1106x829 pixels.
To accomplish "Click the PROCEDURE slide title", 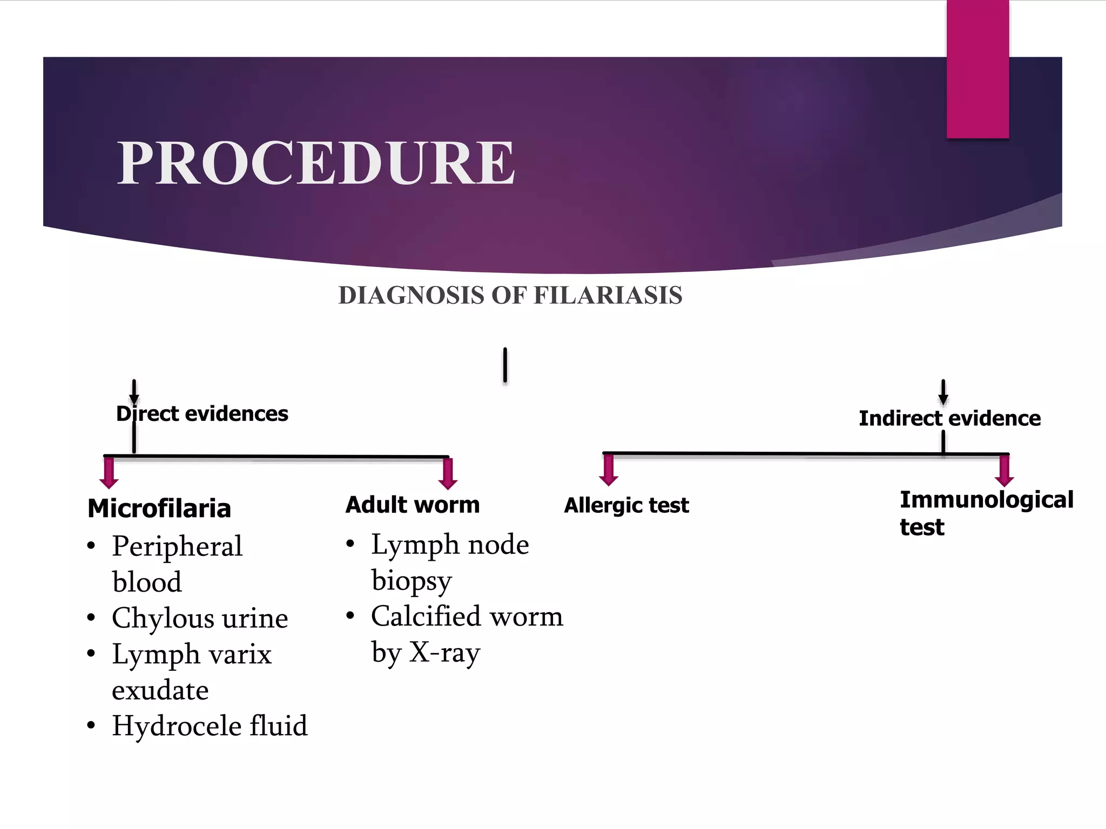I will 316,162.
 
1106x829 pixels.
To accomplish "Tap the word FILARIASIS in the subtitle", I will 608,296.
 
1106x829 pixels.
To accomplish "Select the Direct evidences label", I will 203,414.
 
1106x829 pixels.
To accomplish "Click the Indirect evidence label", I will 949,418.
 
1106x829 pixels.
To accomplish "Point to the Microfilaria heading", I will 159,508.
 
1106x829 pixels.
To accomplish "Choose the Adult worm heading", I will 413,505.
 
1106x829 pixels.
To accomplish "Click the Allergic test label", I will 626,506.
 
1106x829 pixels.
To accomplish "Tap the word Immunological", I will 986,500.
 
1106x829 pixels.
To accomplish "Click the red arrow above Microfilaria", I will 109,473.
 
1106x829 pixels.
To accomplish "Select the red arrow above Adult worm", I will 448,473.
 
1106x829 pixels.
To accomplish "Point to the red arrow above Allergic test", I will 609,470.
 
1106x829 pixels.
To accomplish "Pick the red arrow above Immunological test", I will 1004,471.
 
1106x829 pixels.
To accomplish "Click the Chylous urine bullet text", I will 200,618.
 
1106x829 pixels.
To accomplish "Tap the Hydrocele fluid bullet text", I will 210,725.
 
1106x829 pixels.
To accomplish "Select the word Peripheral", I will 177,546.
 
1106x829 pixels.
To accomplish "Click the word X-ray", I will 444,653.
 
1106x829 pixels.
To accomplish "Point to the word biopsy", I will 412,581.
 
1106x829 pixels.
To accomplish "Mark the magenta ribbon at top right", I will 977,69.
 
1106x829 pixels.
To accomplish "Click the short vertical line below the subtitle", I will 505,365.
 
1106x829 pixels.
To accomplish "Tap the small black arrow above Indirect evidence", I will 943,392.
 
